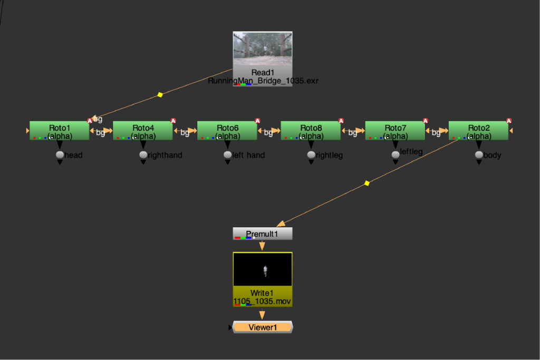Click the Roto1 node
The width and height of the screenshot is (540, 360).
point(59,130)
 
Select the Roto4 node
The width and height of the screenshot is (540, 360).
point(143,130)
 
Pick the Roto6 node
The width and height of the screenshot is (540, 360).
point(227,130)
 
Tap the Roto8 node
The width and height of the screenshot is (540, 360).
point(311,130)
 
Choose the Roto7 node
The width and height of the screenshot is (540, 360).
point(395,130)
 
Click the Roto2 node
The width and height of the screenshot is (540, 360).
point(478,130)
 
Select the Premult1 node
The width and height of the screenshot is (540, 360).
point(263,233)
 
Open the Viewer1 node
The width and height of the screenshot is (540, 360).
point(263,327)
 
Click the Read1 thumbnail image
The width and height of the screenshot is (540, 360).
point(263,48)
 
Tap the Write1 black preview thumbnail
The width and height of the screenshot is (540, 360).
point(263,269)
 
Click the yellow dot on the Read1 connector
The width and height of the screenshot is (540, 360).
point(160,95)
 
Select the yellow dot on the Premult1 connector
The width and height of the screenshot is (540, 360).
point(367,183)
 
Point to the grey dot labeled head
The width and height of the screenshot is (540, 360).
point(60,155)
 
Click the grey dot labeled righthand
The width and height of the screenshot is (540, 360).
point(143,155)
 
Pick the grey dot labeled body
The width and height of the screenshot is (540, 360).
point(479,155)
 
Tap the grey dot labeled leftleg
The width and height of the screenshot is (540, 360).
point(396,155)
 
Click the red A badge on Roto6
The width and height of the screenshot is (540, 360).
point(257,121)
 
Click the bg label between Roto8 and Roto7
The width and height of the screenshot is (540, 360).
point(352,132)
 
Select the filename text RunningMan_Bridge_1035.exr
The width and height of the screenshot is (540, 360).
point(263,81)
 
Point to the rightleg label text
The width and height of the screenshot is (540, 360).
point(329,155)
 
